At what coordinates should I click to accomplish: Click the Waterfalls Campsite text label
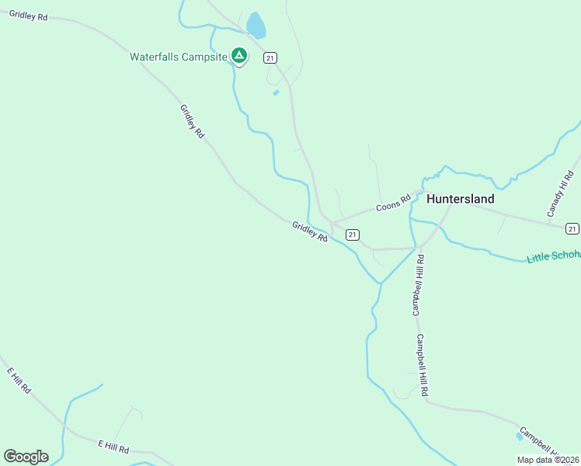click(178, 57)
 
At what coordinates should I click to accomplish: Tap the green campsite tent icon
click(240, 56)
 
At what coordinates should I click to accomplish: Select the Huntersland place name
click(460, 199)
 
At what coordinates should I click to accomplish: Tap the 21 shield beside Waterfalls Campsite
click(270, 57)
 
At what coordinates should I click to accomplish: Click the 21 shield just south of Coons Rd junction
click(352, 235)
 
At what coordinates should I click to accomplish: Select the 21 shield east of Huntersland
click(572, 228)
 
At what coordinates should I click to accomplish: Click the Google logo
click(26, 457)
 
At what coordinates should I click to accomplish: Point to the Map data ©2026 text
click(547, 460)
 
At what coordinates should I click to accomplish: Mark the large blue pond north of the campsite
click(256, 26)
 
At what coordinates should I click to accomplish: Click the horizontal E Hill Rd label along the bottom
click(113, 448)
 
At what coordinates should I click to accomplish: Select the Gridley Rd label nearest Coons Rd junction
click(310, 231)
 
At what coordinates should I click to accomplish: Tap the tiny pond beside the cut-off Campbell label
click(519, 436)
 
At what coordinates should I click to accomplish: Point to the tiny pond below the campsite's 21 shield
click(276, 93)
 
